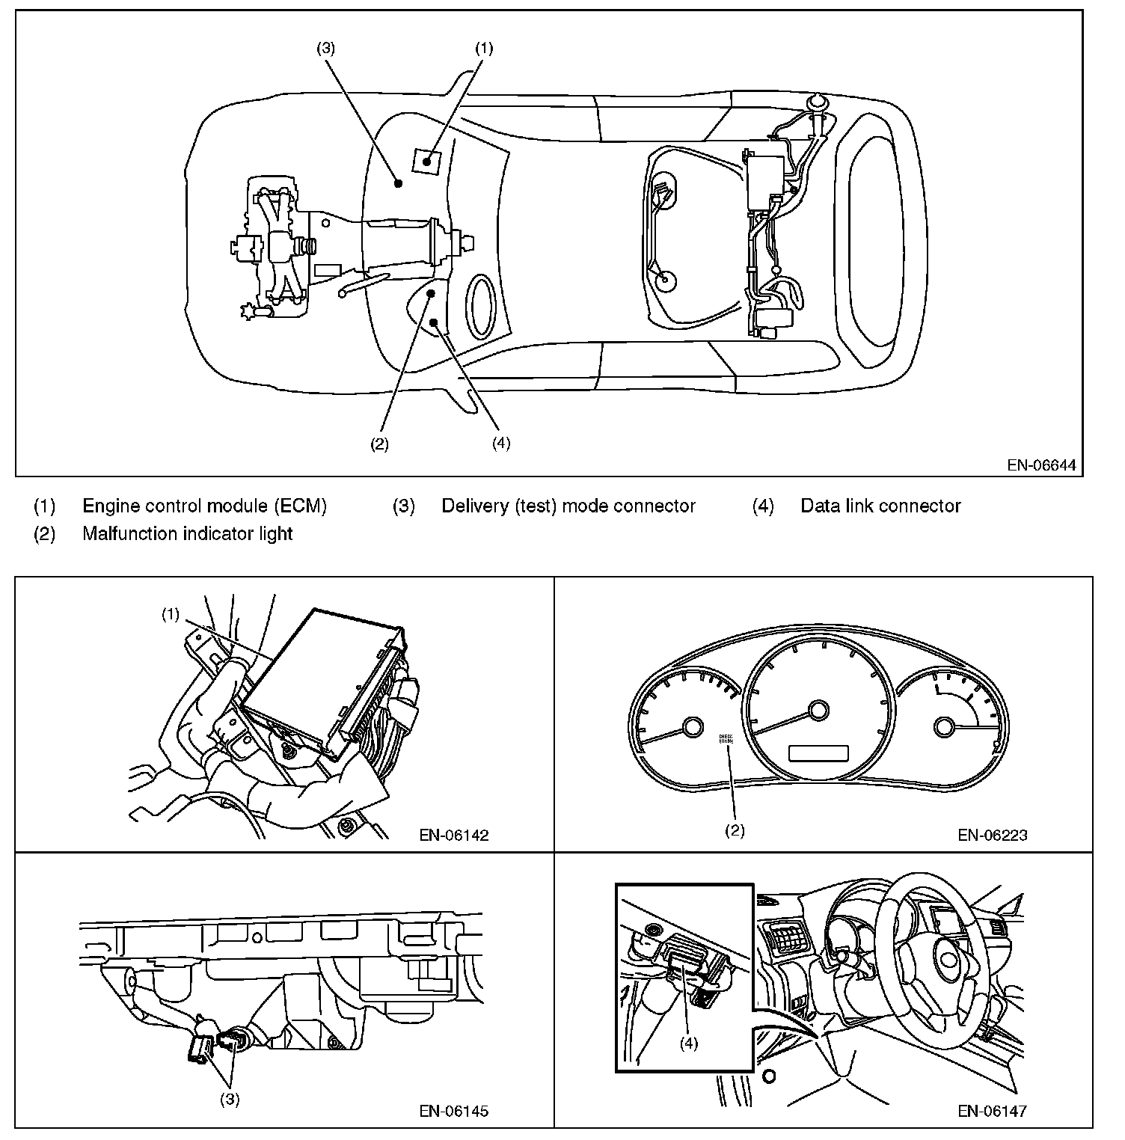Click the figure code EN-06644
point(1040,465)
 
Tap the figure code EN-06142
point(454,835)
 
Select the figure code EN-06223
point(993,835)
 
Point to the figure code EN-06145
point(454,1111)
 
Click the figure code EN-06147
point(993,1111)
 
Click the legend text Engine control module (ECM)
point(204,506)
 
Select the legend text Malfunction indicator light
point(187,533)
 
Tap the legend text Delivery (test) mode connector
point(568,506)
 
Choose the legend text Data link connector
point(880,506)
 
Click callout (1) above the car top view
point(484,49)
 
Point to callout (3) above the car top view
point(325,49)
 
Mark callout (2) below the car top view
point(379,444)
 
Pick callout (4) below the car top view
point(501,443)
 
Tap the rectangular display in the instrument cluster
point(818,753)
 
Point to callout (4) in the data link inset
point(688,1043)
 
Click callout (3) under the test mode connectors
point(229,1100)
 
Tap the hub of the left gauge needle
point(692,728)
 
